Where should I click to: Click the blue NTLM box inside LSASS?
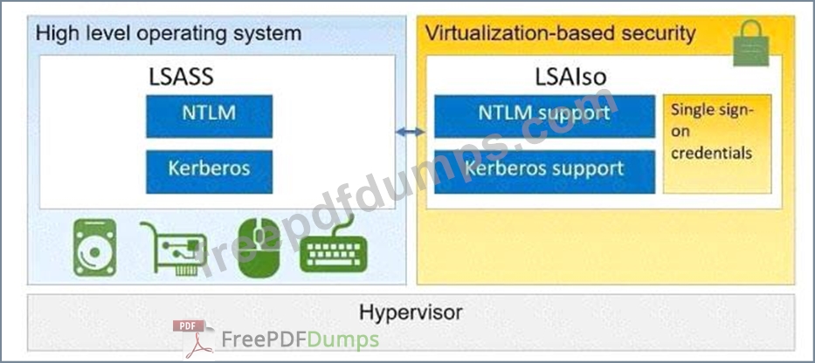[x=209, y=116]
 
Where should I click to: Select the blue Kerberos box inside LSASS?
[x=209, y=172]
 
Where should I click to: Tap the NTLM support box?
[x=544, y=116]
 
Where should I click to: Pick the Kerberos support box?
[x=544, y=172]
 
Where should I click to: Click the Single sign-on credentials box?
[x=717, y=144]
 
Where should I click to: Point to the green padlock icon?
[x=750, y=44]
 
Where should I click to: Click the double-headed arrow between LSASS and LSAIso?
[x=410, y=133]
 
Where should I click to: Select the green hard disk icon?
[x=94, y=247]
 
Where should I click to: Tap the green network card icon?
[x=174, y=248]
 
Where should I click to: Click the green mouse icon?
[x=259, y=247]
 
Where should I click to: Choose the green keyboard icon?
[x=334, y=248]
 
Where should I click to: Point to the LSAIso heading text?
[x=571, y=78]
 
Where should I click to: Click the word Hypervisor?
[x=411, y=312]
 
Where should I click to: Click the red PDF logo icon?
[x=193, y=339]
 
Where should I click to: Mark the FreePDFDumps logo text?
[x=300, y=340]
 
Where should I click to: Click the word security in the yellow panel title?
[x=659, y=34]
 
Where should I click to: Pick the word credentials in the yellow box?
[x=711, y=154]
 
